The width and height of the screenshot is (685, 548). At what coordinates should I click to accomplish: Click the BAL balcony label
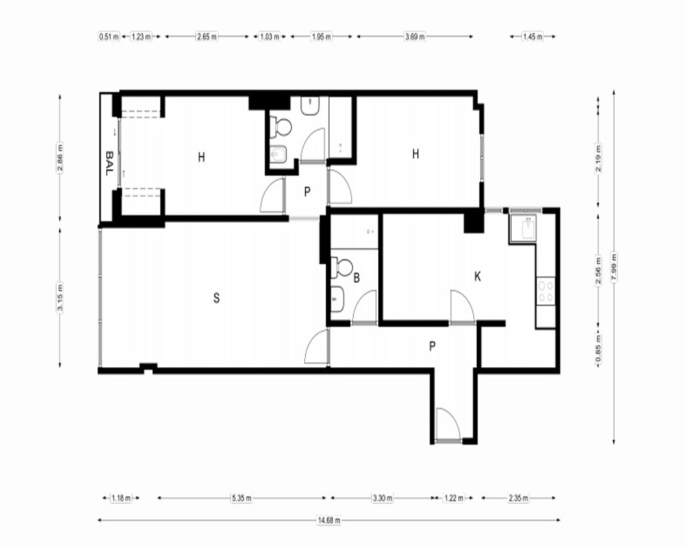pyautogui.click(x=109, y=163)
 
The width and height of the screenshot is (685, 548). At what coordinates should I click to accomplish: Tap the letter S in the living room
pyautogui.click(x=216, y=298)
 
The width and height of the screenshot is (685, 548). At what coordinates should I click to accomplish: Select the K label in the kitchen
pyautogui.click(x=477, y=277)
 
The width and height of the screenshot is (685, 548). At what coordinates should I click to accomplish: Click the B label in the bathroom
pyautogui.click(x=356, y=277)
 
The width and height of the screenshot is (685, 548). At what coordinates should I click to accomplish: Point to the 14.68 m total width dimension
pyautogui.click(x=329, y=520)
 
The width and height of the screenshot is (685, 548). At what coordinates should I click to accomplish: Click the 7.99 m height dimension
pyautogui.click(x=614, y=267)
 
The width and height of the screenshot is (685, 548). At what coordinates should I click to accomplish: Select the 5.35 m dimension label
pyautogui.click(x=242, y=498)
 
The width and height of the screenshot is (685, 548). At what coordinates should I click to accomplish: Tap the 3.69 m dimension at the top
pyautogui.click(x=414, y=37)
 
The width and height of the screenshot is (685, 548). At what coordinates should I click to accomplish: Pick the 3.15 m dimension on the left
pyautogui.click(x=60, y=297)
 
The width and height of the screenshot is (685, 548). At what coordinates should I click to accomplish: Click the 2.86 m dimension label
pyautogui.click(x=60, y=158)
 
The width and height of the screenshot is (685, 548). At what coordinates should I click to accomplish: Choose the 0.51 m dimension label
pyautogui.click(x=109, y=37)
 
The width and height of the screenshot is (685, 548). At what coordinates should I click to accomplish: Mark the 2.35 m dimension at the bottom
pyautogui.click(x=518, y=498)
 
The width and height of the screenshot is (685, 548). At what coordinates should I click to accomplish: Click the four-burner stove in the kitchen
pyautogui.click(x=546, y=292)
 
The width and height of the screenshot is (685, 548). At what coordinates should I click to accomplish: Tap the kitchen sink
pyautogui.click(x=523, y=229)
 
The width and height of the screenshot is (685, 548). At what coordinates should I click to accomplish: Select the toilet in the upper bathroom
pyautogui.click(x=280, y=127)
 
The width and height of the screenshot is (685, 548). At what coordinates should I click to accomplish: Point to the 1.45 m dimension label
pyautogui.click(x=532, y=37)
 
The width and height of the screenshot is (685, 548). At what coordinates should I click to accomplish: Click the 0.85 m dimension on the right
pyautogui.click(x=599, y=348)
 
